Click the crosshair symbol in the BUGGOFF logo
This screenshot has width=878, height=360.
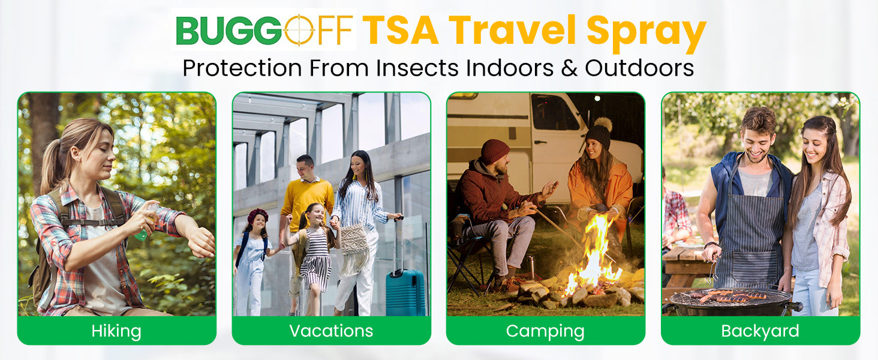299,30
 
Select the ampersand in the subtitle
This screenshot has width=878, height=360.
569,68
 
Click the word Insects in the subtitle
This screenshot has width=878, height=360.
417,68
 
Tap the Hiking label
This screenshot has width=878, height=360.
116,331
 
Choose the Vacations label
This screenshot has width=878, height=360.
331,331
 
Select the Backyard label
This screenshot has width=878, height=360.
760,331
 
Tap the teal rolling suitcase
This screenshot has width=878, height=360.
405,292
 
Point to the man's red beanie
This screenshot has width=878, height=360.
495,151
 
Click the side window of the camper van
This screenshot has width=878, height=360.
555,112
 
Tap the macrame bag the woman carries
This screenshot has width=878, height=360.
354,247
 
